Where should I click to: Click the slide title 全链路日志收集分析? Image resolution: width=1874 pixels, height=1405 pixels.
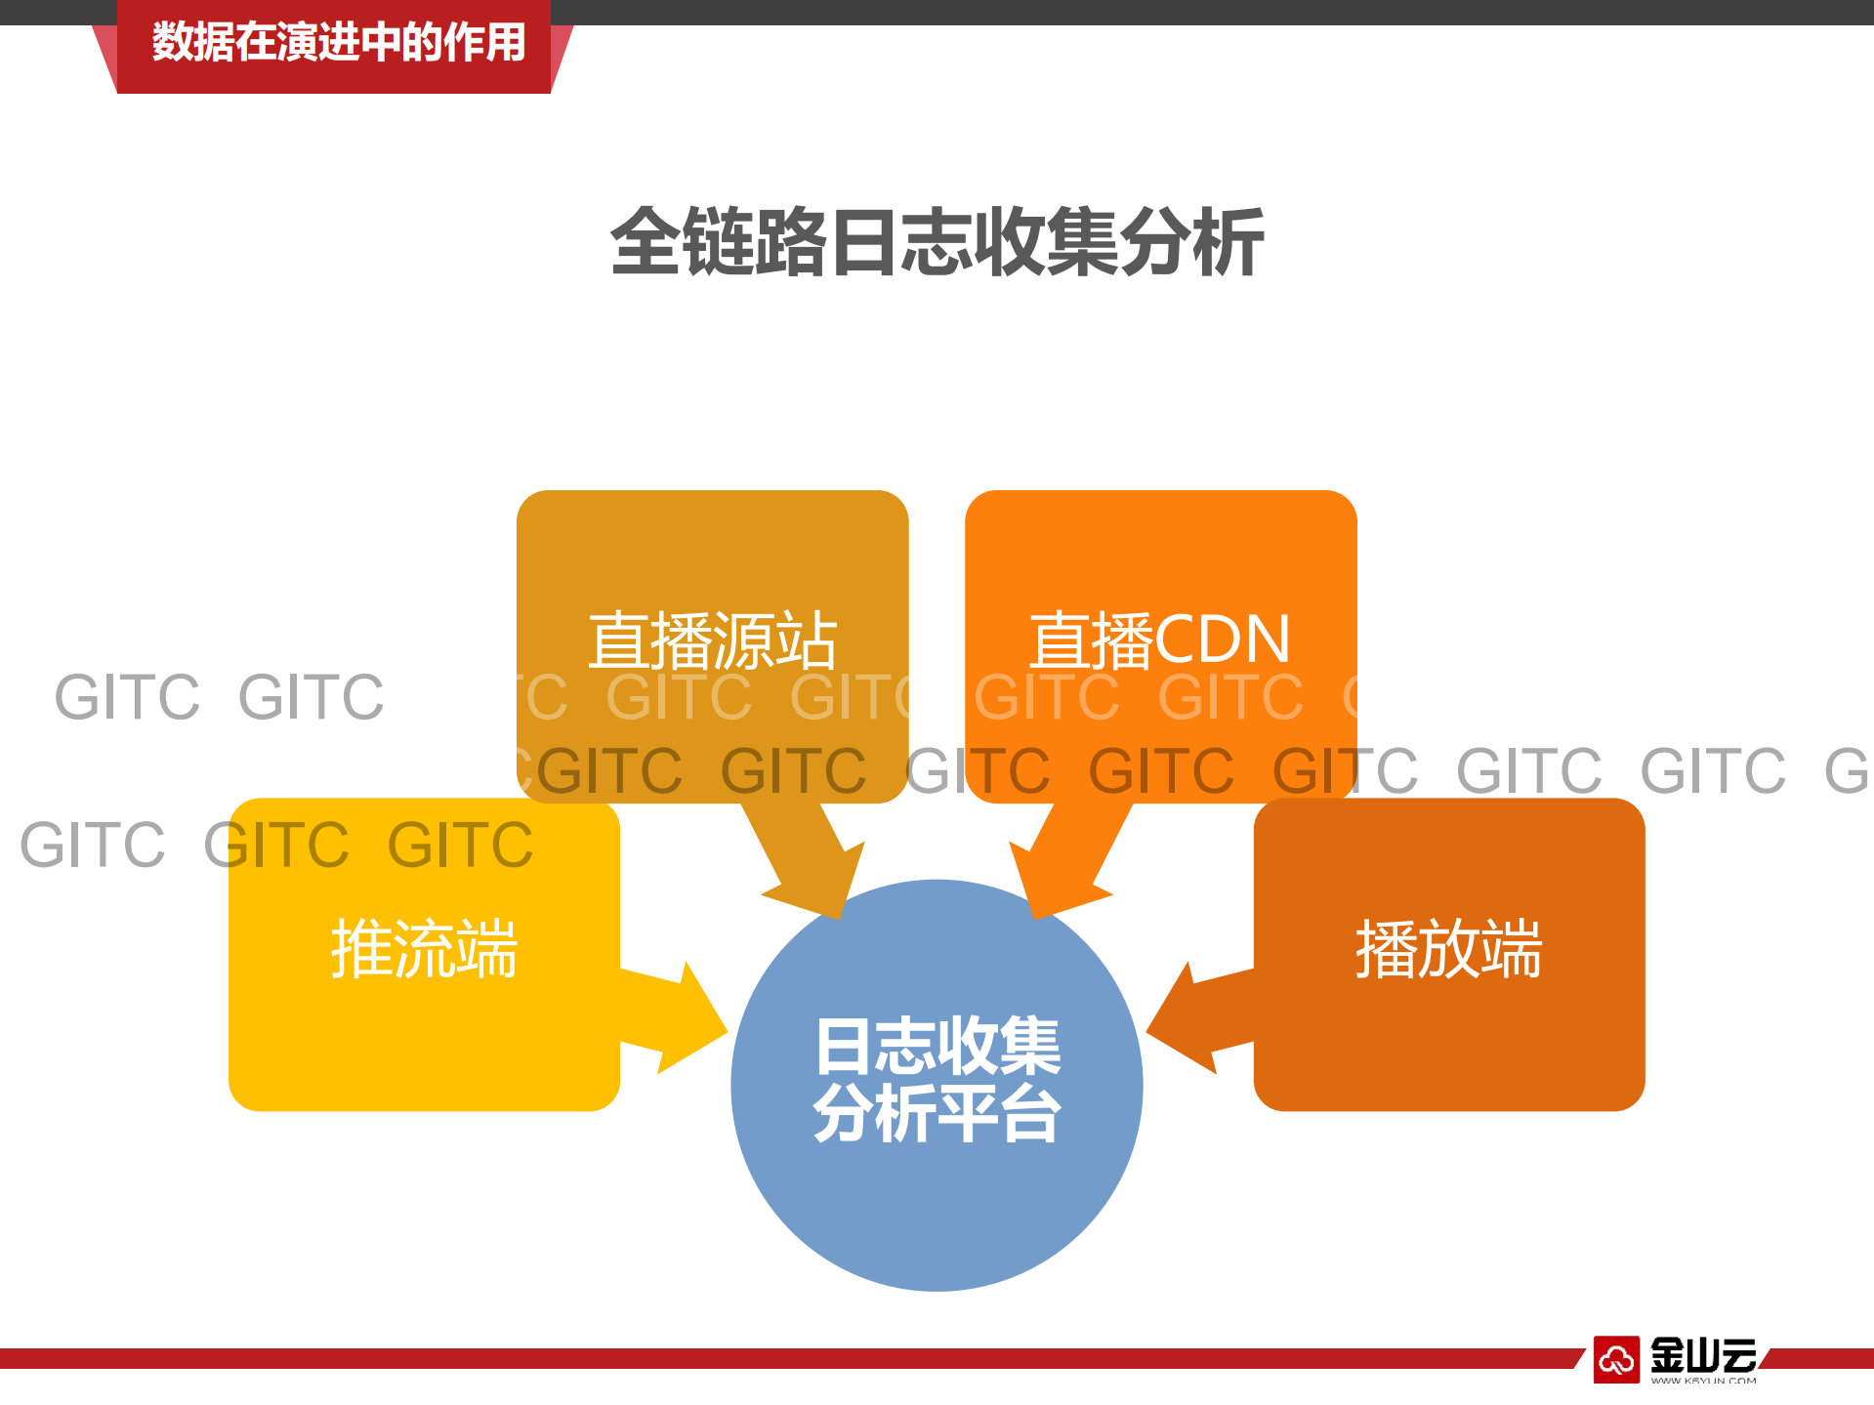click(x=937, y=242)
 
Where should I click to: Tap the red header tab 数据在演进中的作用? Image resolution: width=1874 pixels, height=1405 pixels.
click(x=338, y=43)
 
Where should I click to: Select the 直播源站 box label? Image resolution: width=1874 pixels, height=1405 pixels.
click(x=712, y=641)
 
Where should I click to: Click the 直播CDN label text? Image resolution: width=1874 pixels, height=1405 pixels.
click(x=1160, y=641)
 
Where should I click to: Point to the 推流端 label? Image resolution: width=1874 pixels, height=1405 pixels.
click(x=424, y=948)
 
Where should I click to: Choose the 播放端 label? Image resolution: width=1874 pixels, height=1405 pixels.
click(x=1448, y=948)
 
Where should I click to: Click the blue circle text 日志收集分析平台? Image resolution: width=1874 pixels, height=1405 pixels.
click(x=937, y=1079)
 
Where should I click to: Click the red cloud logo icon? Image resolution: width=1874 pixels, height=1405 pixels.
click(x=1616, y=1358)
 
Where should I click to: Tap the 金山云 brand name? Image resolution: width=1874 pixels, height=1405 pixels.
click(x=1703, y=1354)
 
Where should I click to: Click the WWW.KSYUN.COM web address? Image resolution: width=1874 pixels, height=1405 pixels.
click(x=1703, y=1381)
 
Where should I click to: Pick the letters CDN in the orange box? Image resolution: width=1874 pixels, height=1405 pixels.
click(x=1223, y=641)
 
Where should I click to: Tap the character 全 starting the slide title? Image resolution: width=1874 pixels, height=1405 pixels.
click(x=645, y=242)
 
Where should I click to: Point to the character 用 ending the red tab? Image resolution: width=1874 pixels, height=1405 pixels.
click(x=505, y=43)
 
